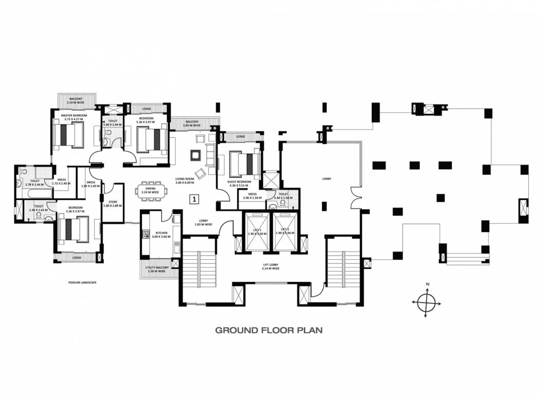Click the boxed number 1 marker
[194, 198]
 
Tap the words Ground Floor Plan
[268, 330]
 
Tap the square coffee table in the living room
[195, 154]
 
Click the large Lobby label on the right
[327, 178]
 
